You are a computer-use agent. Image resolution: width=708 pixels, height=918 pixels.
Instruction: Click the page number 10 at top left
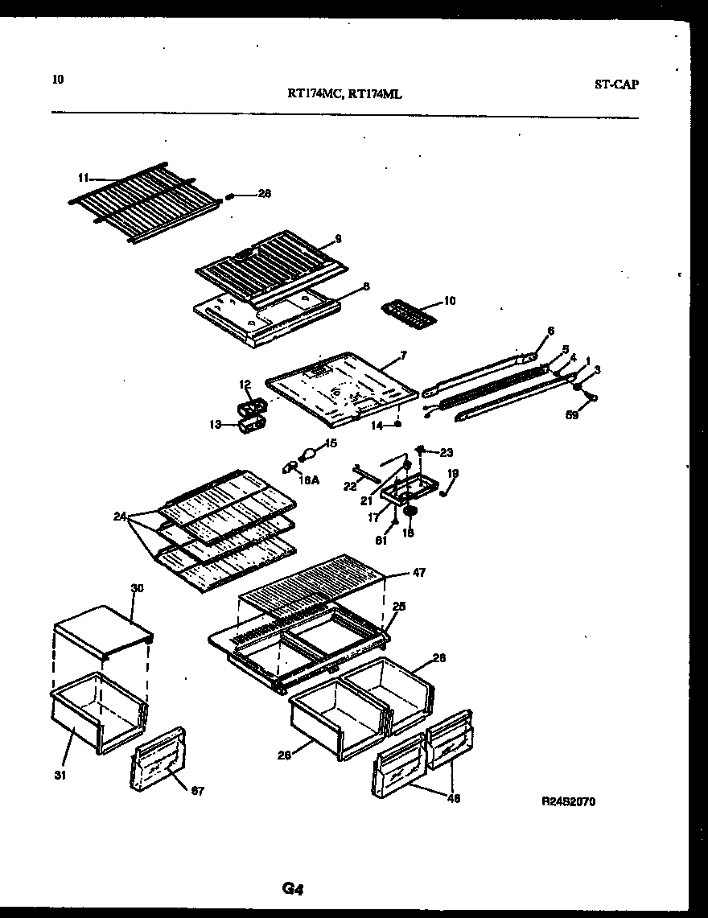[x=57, y=79]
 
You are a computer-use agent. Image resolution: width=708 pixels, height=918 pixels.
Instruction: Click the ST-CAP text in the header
[x=617, y=84]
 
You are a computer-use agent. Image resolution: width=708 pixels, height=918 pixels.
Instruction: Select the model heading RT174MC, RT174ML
[x=344, y=94]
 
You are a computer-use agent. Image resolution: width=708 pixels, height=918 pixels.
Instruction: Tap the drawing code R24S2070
[x=569, y=801]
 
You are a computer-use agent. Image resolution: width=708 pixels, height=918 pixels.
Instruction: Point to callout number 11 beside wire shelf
[x=83, y=177]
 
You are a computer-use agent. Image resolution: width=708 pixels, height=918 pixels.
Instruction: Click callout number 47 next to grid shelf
[x=418, y=573]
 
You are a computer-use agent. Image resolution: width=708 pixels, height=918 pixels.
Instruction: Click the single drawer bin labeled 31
[x=97, y=712]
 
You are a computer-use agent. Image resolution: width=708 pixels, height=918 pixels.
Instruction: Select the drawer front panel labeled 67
[x=158, y=760]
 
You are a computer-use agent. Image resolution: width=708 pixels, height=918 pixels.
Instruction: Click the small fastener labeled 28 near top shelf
[x=230, y=194]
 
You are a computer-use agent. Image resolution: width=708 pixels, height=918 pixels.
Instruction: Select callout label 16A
[x=309, y=481]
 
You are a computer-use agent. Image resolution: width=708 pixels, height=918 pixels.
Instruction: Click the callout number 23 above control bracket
[x=446, y=452]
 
